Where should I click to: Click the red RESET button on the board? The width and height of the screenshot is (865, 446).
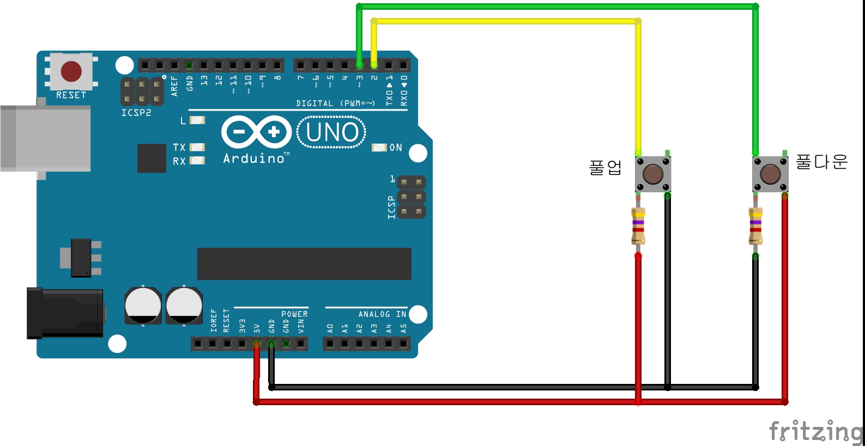[71, 71]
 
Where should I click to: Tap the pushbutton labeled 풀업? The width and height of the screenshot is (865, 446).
[652, 174]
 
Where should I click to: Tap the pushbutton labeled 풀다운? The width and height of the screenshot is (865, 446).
[770, 174]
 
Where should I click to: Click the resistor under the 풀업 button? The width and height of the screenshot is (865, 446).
[638, 226]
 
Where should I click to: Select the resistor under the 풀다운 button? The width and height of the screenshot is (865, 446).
[755, 226]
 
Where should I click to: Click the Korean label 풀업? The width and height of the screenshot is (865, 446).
[605, 167]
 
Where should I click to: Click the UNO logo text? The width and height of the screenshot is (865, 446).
[332, 132]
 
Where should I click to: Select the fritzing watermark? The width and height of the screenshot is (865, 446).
[815, 431]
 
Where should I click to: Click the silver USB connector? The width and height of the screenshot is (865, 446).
[46, 138]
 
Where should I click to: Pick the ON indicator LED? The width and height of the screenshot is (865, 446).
[379, 148]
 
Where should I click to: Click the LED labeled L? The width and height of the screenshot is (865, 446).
[197, 120]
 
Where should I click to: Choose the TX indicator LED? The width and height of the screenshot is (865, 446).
[197, 147]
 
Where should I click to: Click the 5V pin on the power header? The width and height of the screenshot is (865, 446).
[257, 344]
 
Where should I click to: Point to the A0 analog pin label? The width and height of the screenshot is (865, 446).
[330, 329]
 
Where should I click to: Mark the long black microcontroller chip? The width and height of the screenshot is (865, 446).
[304, 264]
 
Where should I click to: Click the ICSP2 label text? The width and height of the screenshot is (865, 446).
[136, 113]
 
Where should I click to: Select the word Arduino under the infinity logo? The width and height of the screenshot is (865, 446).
[254, 158]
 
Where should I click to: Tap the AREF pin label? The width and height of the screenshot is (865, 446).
[174, 86]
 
